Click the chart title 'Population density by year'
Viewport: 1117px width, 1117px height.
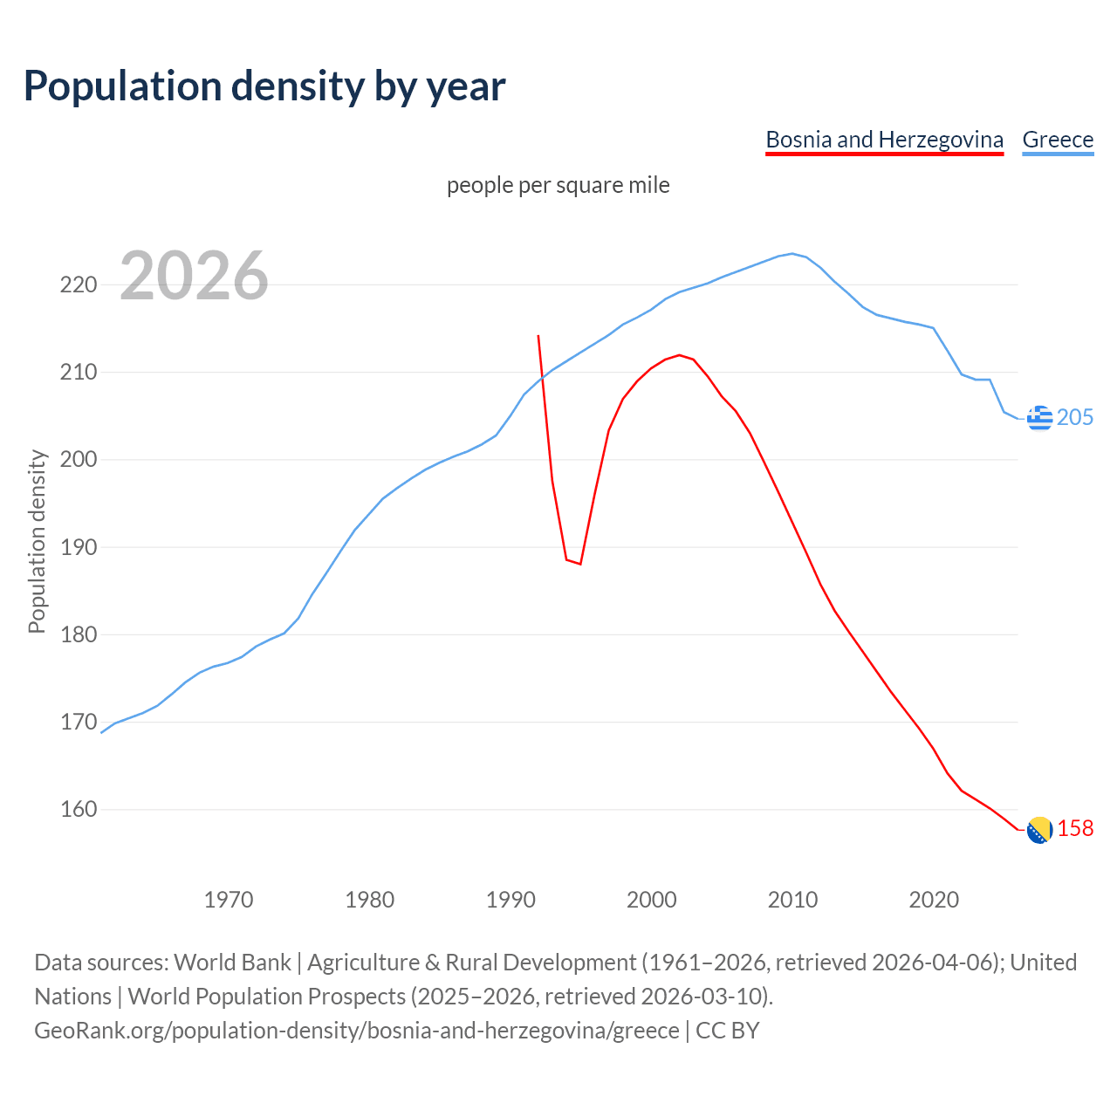(264, 86)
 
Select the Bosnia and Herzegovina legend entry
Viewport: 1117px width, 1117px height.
(884, 140)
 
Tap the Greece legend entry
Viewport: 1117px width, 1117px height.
(1058, 140)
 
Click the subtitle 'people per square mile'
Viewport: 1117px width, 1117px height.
(558, 185)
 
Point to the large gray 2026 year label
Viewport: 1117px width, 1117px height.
(194, 276)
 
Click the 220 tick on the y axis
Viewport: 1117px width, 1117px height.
(78, 285)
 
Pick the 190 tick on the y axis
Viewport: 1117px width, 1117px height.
(78, 547)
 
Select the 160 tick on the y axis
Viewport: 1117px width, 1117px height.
(78, 810)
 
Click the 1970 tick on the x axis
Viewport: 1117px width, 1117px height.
(229, 899)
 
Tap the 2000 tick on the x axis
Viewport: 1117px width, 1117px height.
(651, 899)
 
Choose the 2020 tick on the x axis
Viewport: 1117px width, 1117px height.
(934, 899)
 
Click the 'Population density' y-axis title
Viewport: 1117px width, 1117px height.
(37, 541)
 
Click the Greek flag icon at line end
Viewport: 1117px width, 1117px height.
(1039, 418)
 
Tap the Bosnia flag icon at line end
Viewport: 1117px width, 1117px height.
(1039, 830)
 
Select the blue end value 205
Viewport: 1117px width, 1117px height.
(1075, 418)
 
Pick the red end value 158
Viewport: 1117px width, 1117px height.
(1075, 829)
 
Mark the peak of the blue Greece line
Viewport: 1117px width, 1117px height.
(792, 254)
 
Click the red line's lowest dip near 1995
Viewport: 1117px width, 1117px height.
(580, 564)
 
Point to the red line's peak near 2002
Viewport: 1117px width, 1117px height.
(679, 355)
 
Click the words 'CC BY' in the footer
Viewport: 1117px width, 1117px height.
(727, 1031)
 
